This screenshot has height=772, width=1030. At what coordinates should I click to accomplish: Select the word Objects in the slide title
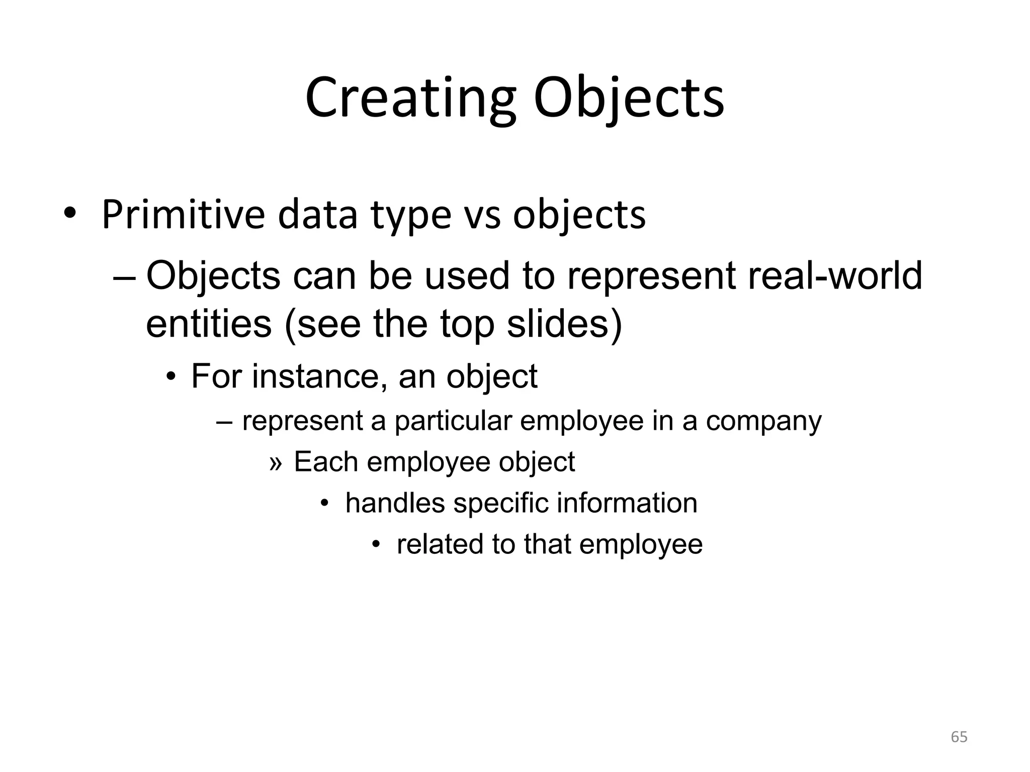(629, 98)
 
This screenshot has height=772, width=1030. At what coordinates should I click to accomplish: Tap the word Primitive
(183, 215)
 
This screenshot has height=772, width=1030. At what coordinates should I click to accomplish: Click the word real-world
(835, 275)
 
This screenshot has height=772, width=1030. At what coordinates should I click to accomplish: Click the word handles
(395, 503)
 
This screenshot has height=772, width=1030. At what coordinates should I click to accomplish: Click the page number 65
(959, 737)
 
